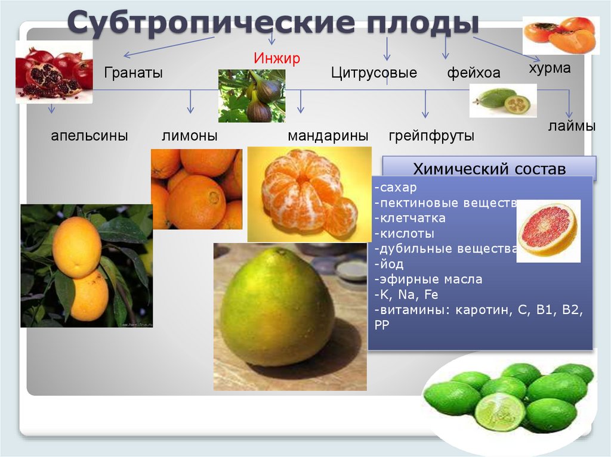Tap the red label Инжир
(276, 58)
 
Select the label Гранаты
(134, 73)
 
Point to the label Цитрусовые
(374, 73)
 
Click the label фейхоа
(473, 74)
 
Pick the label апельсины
(90, 136)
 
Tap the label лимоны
(189, 136)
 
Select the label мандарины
(328, 136)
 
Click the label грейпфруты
(431, 136)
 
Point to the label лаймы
(572, 126)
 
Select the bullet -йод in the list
(389, 264)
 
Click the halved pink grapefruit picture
(548, 230)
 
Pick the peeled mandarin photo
(308, 194)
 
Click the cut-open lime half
(499, 411)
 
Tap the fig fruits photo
(252, 96)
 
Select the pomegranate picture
(54, 72)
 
